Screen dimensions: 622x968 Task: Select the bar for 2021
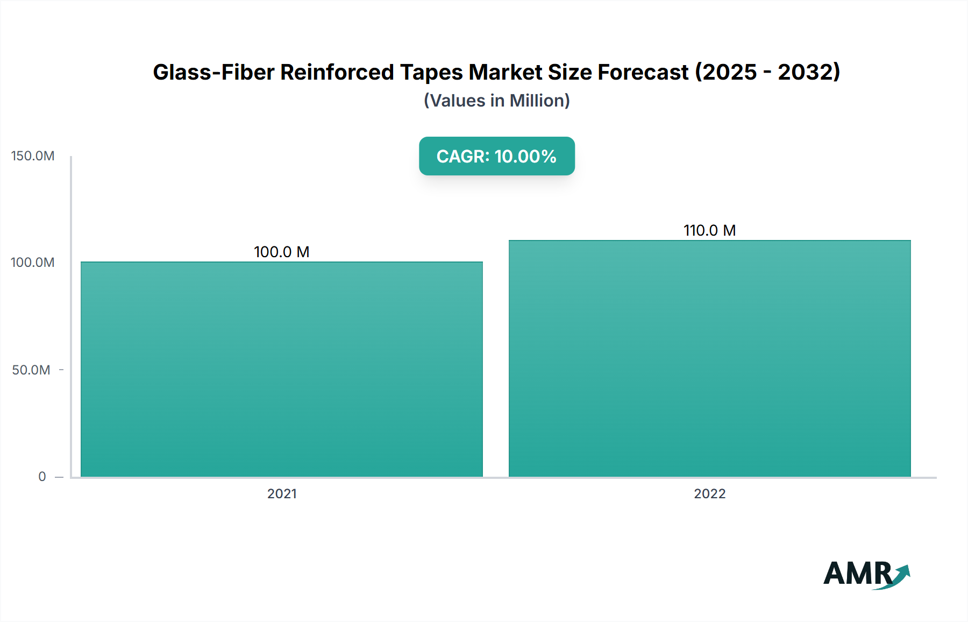coord(282,369)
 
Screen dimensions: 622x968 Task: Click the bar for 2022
coord(709,358)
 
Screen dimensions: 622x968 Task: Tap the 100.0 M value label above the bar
coord(281,252)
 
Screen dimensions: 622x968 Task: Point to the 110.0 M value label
coord(709,230)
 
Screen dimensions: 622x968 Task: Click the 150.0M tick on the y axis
coord(33,156)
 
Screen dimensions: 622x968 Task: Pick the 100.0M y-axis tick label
coord(33,263)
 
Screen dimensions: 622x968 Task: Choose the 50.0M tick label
coord(31,370)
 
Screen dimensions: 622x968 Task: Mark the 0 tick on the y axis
coord(42,477)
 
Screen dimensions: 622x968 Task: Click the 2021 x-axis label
coord(282,494)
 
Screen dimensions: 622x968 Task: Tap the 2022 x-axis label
coord(709,494)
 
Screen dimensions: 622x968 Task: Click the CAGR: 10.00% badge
coord(496,156)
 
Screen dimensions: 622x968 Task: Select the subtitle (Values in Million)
coord(496,101)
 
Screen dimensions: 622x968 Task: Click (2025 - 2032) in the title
coord(767,72)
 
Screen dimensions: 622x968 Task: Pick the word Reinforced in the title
coord(337,72)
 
